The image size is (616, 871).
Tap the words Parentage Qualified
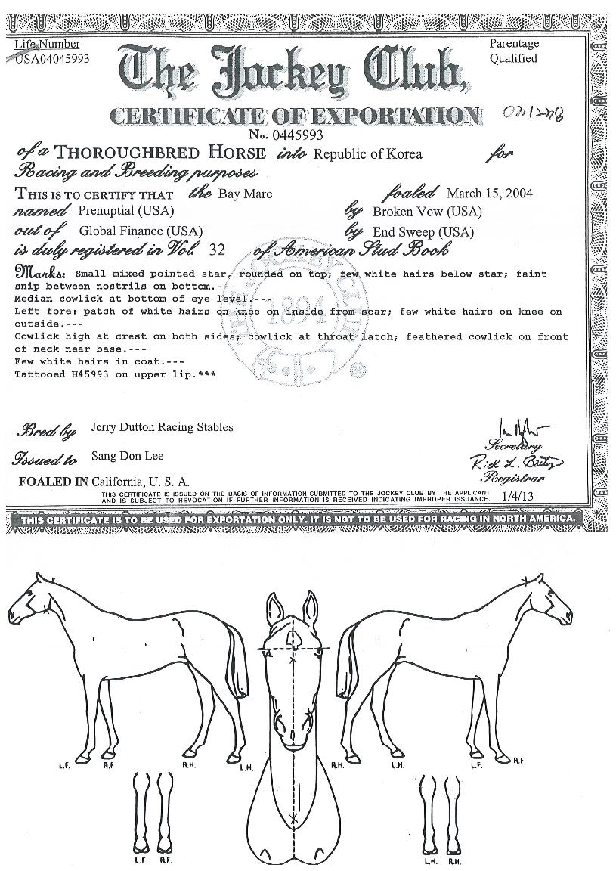tap(513, 51)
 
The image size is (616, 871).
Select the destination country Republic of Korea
tap(368, 155)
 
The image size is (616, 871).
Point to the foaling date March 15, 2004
tap(490, 193)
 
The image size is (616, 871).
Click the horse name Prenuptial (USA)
tap(125, 211)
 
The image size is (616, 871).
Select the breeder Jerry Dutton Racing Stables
tap(162, 427)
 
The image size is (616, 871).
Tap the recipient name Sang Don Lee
tap(127, 456)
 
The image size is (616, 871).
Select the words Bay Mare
tap(245, 194)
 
